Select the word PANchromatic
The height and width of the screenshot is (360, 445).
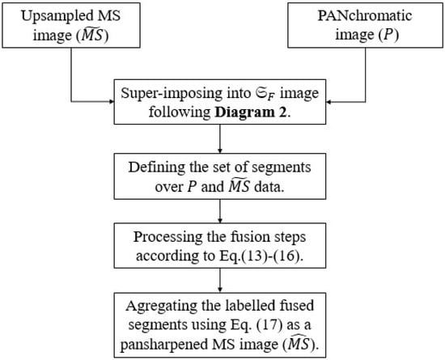pyautogui.click(x=365, y=15)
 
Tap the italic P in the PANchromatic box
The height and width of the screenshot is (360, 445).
pyautogui.click(x=388, y=35)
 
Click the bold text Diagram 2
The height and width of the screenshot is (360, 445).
pyautogui.click(x=250, y=112)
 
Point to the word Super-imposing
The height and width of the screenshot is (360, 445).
pyautogui.click(x=172, y=94)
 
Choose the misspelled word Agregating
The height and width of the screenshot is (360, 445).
pyautogui.click(x=161, y=307)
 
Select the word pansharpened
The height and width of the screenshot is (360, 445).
pyautogui.click(x=164, y=345)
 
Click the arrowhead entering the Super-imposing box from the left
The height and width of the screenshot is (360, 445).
pyautogui.click(x=112, y=102)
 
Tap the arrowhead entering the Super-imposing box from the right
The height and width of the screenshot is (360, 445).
pyautogui.click(x=328, y=102)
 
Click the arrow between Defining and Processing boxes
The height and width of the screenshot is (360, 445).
pyautogui.click(x=220, y=211)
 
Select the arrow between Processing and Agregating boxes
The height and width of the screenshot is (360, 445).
pyautogui.click(x=220, y=280)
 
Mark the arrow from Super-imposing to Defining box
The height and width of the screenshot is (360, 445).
pyautogui.click(x=220, y=138)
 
